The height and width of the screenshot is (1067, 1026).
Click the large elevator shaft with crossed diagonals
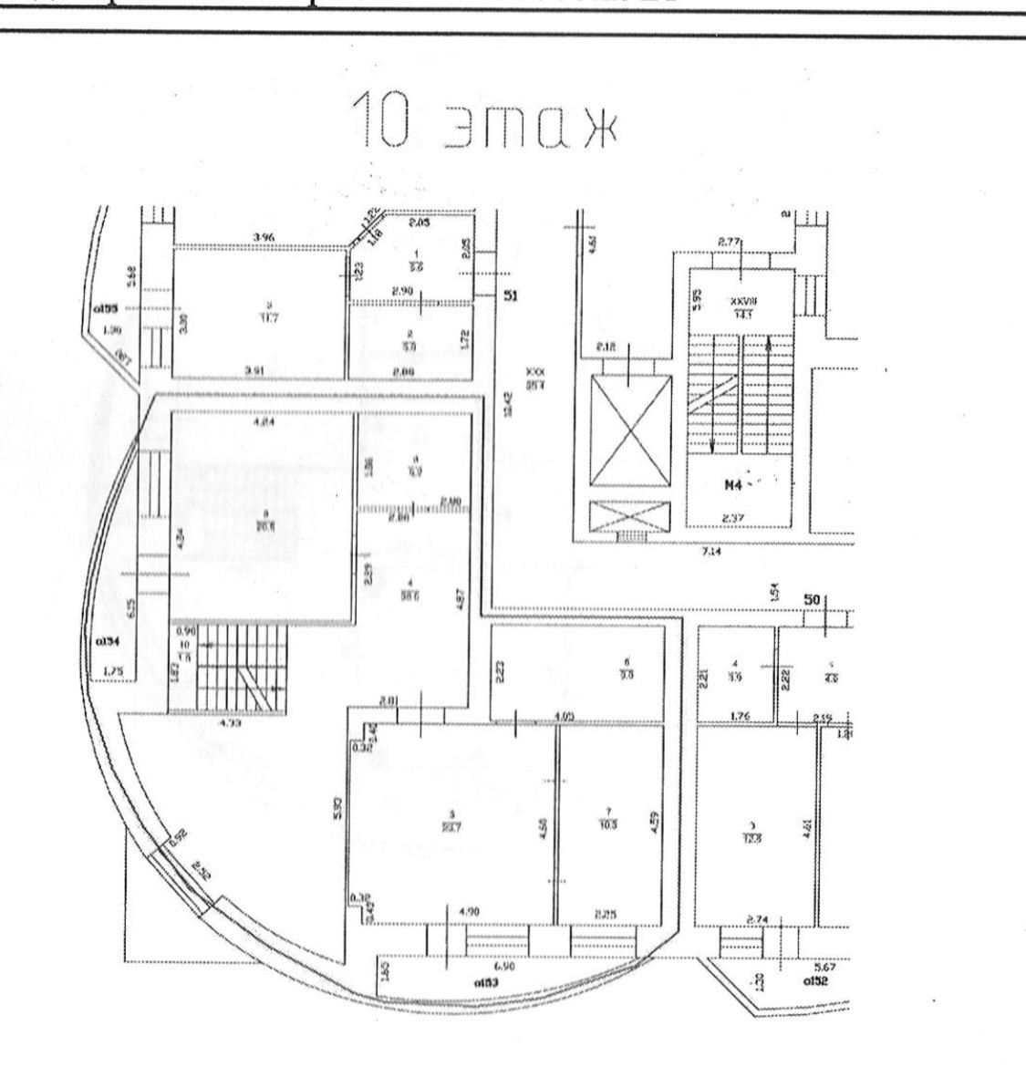coord(630,430)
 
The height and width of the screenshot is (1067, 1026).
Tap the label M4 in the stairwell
coord(734,486)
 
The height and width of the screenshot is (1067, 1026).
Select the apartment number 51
coord(511,295)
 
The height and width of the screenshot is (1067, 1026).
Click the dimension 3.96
coord(264,238)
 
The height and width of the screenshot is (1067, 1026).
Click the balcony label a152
coord(814,981)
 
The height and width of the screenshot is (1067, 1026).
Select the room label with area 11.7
coord(269,313)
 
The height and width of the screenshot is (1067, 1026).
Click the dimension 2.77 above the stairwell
coord(730,242)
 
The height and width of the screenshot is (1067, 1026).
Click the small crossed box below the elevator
coord(630,520)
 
